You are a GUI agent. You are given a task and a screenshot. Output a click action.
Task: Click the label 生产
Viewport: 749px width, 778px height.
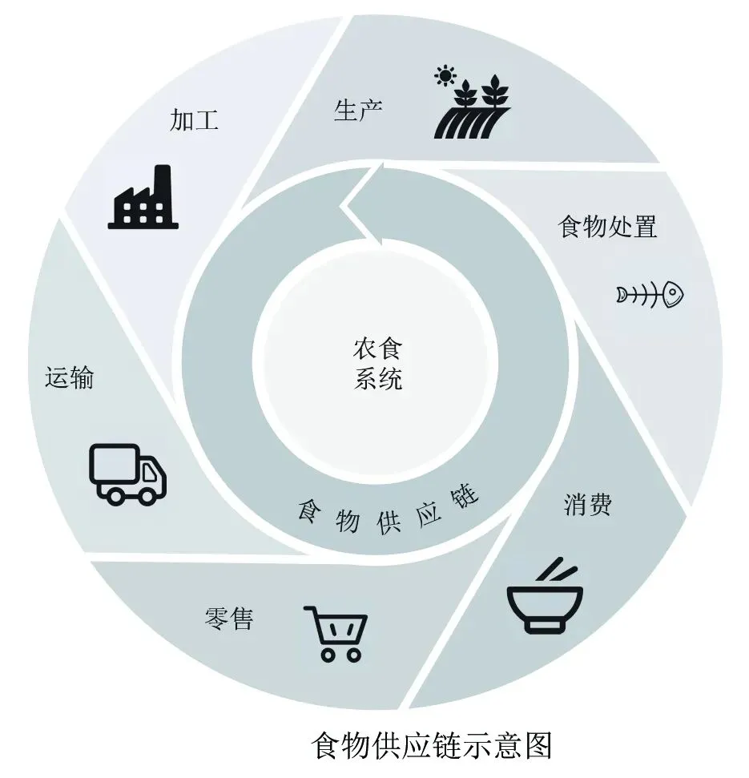358,111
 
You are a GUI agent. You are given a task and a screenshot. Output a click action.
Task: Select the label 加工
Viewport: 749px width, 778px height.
194,120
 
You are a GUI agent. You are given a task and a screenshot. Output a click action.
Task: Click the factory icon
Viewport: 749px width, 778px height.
143,199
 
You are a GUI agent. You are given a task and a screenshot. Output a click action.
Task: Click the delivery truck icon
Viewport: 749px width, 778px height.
127,474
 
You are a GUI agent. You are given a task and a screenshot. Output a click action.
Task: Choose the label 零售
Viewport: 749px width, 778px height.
228,619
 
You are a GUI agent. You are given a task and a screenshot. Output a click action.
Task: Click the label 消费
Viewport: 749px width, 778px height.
587,504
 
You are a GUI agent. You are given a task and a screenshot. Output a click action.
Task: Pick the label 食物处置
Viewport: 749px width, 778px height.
607,227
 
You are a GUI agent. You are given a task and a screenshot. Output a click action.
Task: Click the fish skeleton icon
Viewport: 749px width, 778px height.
650,294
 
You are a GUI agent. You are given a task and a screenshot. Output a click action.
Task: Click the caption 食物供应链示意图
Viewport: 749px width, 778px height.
432,745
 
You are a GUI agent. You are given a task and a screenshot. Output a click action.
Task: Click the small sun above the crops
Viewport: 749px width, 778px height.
444,77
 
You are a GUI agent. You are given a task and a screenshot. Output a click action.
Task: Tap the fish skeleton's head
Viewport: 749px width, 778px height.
672,294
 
